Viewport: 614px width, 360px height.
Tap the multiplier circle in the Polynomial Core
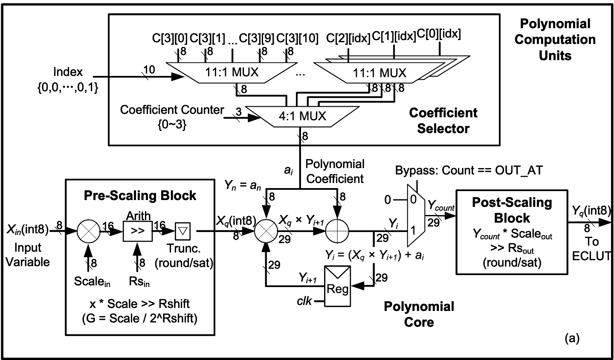[x=266, y=232]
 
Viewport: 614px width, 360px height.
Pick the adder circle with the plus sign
[x=337, y=232]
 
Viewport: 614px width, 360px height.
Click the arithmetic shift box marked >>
[x=137, y=232]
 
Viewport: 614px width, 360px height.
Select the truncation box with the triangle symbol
[x=182, y=232]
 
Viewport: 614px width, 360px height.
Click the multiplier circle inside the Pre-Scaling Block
[x=88, y=232]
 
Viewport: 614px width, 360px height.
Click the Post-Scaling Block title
[x=512, y=210]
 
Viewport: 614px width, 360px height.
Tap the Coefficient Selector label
[x=443, y=121]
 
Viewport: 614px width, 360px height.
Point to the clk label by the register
[x=305, y=302]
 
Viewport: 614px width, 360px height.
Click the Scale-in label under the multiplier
[x=92, y=282]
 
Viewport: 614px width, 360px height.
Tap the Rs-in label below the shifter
[x=139, y=282]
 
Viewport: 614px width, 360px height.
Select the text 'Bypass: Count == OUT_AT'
[x=469, y=171]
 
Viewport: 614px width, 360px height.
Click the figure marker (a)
[x=572, y=338]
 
